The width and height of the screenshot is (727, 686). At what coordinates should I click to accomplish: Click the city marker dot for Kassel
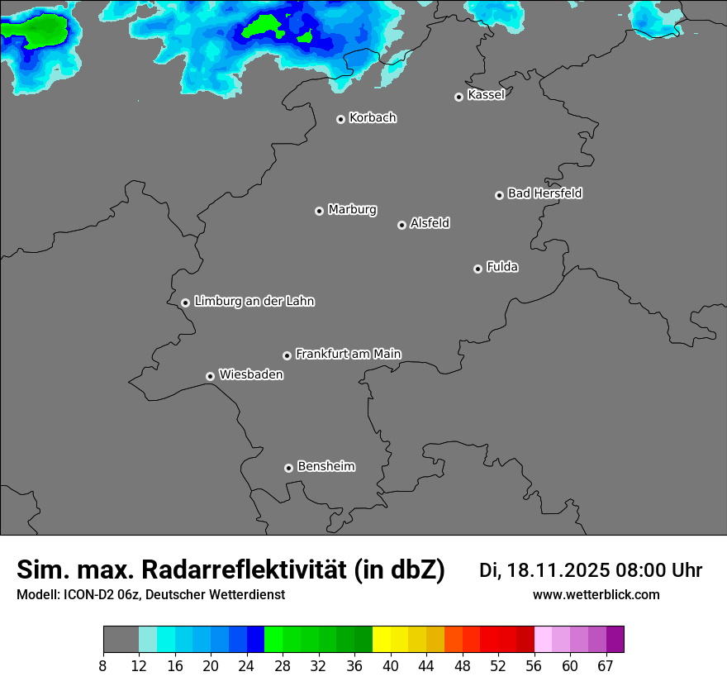point(459,97)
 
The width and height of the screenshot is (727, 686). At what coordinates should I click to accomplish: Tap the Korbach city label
point(373,117)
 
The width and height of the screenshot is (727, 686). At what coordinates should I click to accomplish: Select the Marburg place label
point(352,209)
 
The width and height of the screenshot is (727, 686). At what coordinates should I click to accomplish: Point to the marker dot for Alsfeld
point(402,225)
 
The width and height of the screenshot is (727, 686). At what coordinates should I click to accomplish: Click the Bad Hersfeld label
point(544,193)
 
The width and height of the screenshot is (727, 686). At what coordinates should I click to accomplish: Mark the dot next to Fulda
point(478,269)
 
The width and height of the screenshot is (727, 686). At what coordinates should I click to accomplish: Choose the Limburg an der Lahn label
point(254,301)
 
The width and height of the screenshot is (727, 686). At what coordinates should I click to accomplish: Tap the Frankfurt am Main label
point(348,354)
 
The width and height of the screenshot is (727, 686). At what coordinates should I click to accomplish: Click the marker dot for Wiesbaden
point(210,376)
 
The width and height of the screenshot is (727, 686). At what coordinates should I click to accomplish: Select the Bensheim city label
point(325,466)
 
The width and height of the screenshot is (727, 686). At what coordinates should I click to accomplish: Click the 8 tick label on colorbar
point(102,666)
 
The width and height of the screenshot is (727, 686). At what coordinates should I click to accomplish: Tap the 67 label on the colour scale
point(606,666)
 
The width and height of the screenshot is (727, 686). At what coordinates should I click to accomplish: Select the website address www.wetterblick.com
point(596,594)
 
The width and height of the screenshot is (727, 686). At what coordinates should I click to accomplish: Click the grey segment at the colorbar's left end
point(121,640)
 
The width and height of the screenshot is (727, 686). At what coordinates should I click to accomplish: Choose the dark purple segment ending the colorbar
point(615,640)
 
